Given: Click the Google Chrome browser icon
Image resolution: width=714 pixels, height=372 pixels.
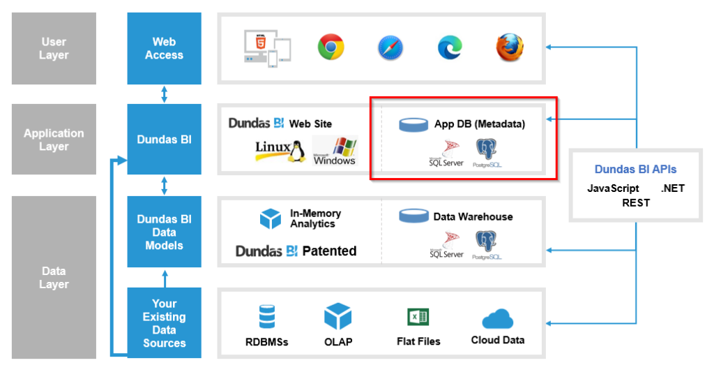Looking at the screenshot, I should [331, 47].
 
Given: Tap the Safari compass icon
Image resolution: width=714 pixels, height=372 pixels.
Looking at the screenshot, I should [390, 47].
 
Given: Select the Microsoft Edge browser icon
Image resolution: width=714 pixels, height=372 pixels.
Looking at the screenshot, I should [450, 47].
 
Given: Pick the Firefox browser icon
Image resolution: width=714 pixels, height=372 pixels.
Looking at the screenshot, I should [510, 47].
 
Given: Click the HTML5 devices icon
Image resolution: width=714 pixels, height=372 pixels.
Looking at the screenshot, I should [266, 47].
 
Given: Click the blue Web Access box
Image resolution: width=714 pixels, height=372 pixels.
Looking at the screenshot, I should [164, 48].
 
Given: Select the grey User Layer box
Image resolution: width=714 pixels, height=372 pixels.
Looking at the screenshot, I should [54, 48].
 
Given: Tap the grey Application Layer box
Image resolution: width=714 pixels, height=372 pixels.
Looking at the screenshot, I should [54, 140].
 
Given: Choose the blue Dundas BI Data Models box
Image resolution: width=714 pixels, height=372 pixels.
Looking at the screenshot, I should [164, 232].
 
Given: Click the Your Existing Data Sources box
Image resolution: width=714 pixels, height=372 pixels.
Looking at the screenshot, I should [164, 322].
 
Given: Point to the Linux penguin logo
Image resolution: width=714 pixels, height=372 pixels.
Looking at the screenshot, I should [298, 150].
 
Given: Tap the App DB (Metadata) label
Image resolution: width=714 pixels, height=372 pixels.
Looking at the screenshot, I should [479, 124].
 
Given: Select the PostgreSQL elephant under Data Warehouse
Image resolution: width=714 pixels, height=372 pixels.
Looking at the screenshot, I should [486, 242].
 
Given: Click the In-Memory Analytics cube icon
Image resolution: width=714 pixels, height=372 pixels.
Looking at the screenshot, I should [270, 219].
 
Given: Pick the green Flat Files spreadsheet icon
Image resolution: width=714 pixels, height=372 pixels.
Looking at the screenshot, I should [418, 318].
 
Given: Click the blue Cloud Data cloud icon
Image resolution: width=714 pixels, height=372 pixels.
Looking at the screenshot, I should [497, 318].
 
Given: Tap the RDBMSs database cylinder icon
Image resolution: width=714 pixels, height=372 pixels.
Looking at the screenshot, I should [266, 316].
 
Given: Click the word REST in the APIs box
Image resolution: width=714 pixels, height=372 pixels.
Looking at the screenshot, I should [635, 202].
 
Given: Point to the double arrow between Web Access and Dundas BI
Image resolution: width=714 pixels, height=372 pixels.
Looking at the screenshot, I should [165, 94].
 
